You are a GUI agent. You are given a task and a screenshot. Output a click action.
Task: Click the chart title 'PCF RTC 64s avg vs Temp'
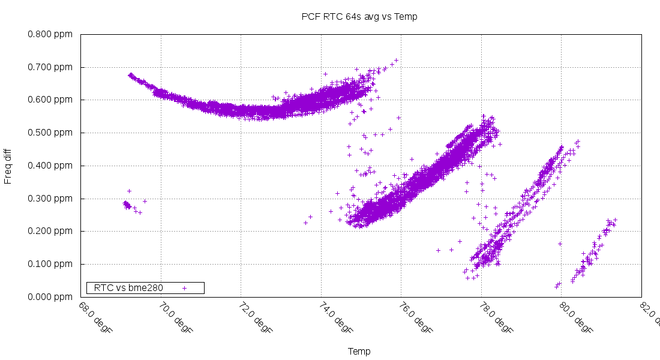point(359,17)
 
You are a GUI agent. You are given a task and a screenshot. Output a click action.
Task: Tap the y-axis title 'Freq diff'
point(8,166)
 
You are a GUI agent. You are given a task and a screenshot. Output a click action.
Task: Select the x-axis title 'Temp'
point(359,352)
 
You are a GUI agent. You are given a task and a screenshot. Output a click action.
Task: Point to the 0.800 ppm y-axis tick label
point(50,34)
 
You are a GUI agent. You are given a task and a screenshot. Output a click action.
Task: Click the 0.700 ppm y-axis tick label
point(50,67)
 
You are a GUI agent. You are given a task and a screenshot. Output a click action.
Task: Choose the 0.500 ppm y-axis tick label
point(50,133)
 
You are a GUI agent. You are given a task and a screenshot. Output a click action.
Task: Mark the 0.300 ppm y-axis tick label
point(50,199)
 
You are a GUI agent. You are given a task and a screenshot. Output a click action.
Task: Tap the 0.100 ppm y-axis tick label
point(50,264)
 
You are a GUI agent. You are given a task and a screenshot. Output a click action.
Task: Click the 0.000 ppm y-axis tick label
point(50,297)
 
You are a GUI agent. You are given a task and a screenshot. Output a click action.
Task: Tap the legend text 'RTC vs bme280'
point(128,288)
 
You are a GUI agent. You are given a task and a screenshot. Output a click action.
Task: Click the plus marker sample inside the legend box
point(184,288)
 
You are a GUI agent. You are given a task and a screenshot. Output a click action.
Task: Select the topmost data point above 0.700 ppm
point(396,60)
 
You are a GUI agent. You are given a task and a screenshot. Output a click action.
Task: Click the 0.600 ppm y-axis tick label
point(50,100)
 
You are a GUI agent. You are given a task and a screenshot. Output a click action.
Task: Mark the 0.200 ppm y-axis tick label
point(50,232)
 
